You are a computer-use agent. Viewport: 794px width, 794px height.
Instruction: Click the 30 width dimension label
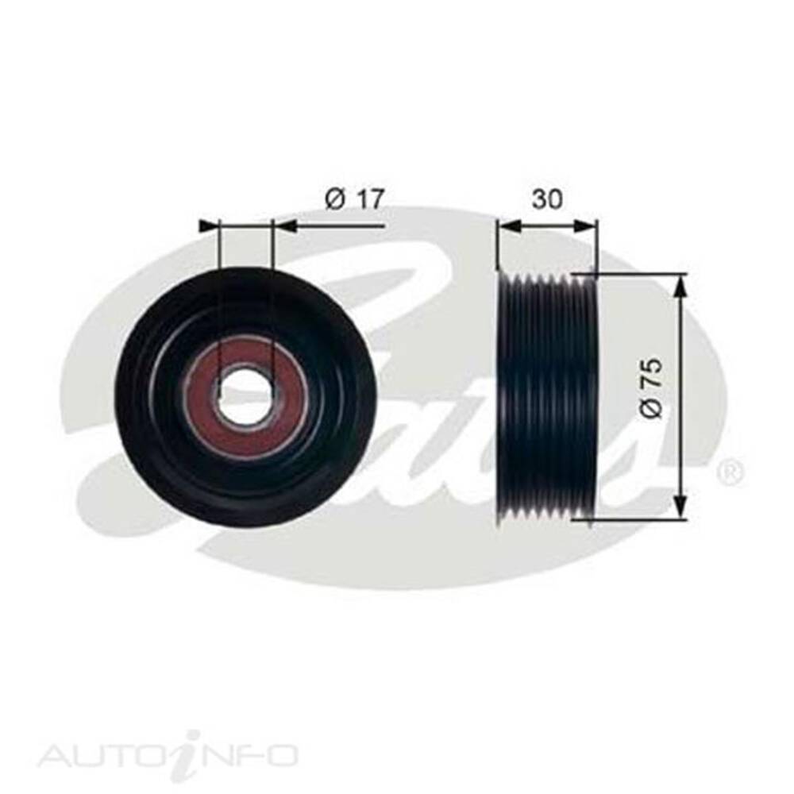pos(547,199)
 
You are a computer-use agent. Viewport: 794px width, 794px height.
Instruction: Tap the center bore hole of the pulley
pos(243,394)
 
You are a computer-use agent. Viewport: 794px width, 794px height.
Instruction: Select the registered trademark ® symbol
pos(730,473)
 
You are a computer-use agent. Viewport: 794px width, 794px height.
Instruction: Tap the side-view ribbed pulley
pos(545,397)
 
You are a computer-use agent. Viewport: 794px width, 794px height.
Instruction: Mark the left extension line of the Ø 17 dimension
pos(217,262)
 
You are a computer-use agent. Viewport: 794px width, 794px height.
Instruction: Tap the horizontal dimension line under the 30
pos(547,225)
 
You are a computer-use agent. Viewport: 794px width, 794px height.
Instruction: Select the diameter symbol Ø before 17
pos(334,199)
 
